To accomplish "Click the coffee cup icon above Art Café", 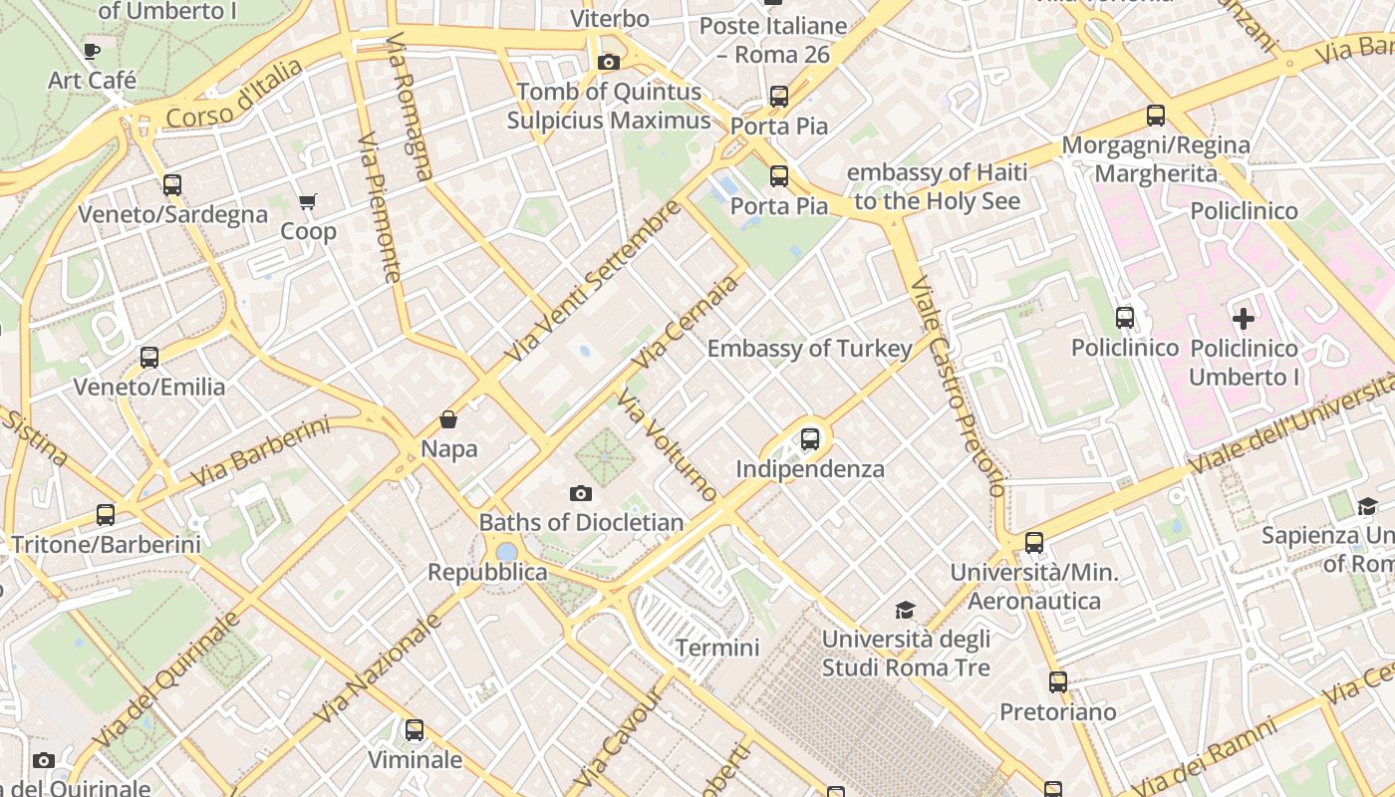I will (x=93, y=50).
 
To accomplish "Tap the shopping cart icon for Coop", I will (x=308, y=202).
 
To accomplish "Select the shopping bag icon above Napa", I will (x=448, y=419).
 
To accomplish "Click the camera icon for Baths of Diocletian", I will (x=581, y=493).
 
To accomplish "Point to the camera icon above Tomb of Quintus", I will (x=608, y=62).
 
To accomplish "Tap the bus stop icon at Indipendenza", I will (x=810, y=438).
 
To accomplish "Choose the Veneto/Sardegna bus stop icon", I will (x=172, y=184).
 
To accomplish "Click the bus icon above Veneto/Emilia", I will (x=149, y=357).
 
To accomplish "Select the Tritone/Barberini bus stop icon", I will (x=106, y=515).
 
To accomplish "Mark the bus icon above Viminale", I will (x=415, y=730).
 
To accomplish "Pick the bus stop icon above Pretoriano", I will (x=1058, y=682).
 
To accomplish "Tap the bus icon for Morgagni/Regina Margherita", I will (x=1156, y=116).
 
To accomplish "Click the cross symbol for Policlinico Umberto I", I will (x=1244, y=319).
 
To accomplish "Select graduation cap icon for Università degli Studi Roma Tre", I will (x=905, y=610).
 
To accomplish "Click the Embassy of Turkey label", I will (x=809, y=349).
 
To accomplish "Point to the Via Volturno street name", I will (x=666, y=444).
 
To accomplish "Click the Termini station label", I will (x=717, y=648).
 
